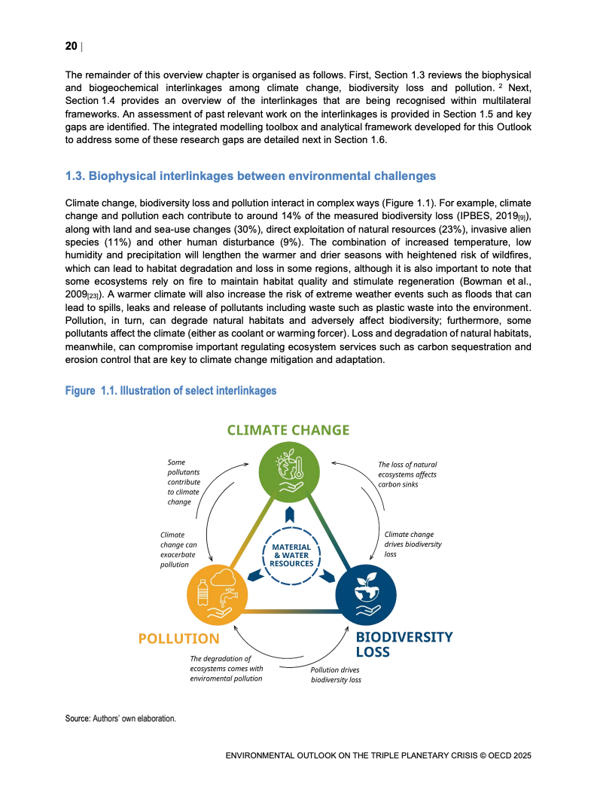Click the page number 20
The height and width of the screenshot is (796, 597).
pos(71,47)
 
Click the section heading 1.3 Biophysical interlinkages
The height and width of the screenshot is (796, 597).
pos(251,176)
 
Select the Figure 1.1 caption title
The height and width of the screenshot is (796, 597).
pos(171,391)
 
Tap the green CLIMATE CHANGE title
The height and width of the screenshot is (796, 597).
pos(288,431)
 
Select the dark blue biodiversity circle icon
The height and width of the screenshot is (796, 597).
pos(364,593)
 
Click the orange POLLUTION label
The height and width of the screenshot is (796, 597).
pos(178,639)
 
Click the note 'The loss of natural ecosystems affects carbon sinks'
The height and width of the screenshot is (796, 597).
pos(407,475)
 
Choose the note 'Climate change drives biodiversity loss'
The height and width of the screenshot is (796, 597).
pos(413,544)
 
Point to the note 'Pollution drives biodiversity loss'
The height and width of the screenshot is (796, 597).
pos(336,674)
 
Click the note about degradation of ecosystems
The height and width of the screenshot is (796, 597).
pos(226,668)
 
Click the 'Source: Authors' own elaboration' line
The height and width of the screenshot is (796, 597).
pos(120,718)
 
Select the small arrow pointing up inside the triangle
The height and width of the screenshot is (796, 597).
pos(291,516)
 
